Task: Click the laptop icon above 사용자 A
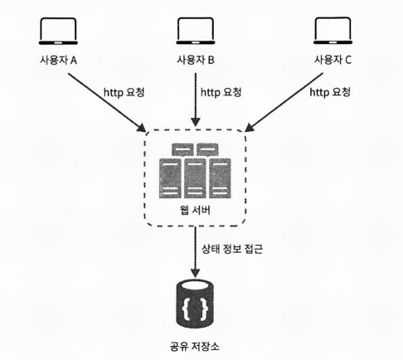click(58, 32)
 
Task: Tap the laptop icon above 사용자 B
click(196, 32)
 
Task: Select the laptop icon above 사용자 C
click(333, 31)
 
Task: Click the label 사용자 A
click(58, 60)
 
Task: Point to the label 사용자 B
click(196, 60)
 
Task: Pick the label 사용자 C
click(333, 60)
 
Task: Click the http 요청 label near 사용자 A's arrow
click(124, 92)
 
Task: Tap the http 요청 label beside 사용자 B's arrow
click(221, 92)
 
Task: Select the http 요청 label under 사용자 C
click(330, 92)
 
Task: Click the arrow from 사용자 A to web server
click(107, 102)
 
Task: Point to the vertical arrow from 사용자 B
click(196, 100)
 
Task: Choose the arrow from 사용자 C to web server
click(284, 102)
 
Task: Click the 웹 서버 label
click(195, 211)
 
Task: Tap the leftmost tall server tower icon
click(170, 178)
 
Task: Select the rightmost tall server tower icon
click(220, 178)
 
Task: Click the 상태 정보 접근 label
click(232, 249)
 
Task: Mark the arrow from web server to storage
click(196, 252)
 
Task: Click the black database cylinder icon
click(195, 303)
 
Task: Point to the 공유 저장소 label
click(195, 346)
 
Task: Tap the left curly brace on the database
click(187, 308)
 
